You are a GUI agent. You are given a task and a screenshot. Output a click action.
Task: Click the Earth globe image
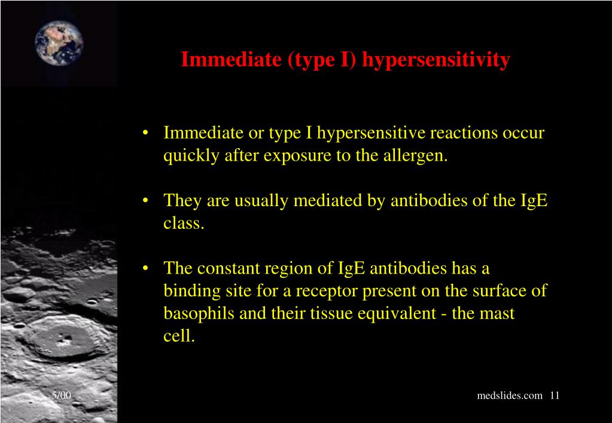pyautogui.click(x=59, y=43)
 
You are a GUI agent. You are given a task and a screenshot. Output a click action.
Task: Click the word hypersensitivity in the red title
pyautogui.click(x=436, y=60)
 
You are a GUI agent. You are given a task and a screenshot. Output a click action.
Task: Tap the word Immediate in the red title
pyautogui.click(x=231, y=59)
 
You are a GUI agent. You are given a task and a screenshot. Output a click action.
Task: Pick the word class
pyautogui.click(x=184, y=223)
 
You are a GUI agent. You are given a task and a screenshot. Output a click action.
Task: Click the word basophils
pyautogui.click(x=199, y=314)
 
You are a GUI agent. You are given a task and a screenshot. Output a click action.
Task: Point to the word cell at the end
pyautogui.click(x=179, y=336)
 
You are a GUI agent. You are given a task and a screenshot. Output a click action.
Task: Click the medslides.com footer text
pyautogui.click(x=510, y=396)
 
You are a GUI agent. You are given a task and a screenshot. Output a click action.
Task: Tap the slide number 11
pyautogui.click(x=555, y=396)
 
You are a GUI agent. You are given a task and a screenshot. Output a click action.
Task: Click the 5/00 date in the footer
pyautogui.click(x=62, y=396)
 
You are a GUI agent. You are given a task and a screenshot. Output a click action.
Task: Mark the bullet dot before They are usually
pyautogui.click(x=145, y=201)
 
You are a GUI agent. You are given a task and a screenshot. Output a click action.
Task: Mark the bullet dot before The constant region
pyautogui.click(x=145, y=269)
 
